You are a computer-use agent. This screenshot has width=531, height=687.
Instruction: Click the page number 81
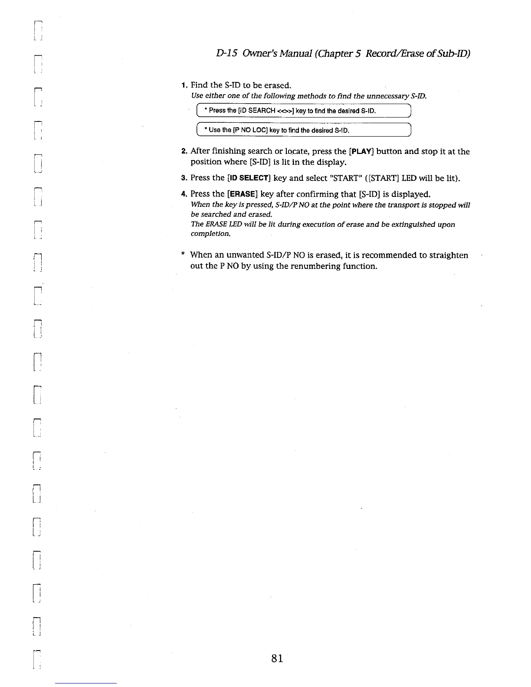[277, 658]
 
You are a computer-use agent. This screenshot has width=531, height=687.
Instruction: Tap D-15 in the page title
[226, 53]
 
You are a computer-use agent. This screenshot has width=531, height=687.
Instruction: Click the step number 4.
[184, 194]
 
